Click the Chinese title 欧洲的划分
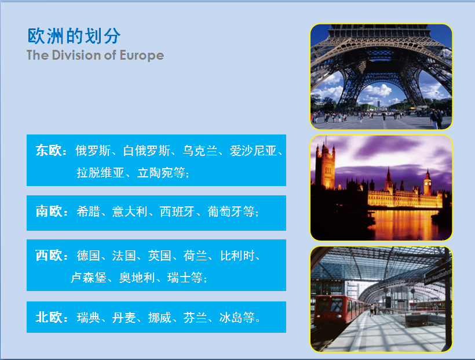(74, 36)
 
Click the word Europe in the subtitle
(142, 55)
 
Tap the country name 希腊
(88, 212)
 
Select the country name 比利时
(237, 256)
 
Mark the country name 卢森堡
(89, 278)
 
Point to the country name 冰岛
(231, 318)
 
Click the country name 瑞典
(88, 318)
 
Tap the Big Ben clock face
(427, 183)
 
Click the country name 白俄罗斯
(147, 151)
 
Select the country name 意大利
(130, 212)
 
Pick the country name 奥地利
(137, 278)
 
